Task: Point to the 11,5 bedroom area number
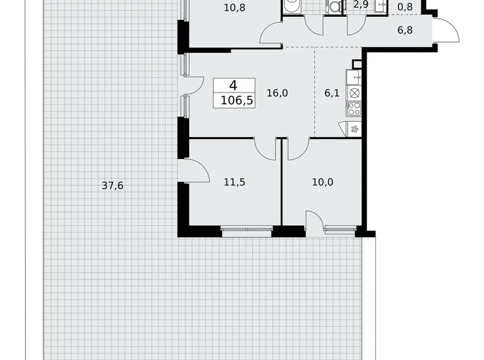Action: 235,182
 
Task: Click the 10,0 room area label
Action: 322,182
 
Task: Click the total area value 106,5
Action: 228,101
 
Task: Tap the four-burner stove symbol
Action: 354,109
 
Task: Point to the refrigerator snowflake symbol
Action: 354,129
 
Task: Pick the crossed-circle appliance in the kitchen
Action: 354,93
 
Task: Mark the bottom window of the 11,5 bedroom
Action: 246,231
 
